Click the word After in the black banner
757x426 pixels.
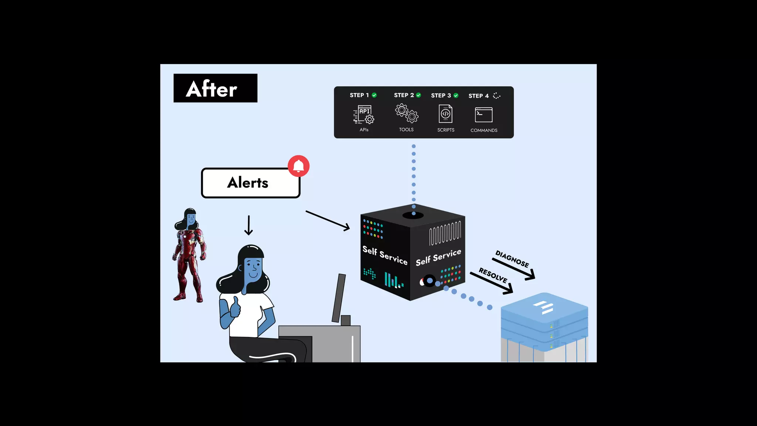[x=211, y=89]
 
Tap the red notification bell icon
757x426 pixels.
[x=299, y=166]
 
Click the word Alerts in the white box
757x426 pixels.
[x=247, y=183]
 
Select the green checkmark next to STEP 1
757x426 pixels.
[x=374, y=95]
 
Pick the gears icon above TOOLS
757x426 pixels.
[x=407, y=113]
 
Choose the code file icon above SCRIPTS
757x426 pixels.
[x=445, y=114]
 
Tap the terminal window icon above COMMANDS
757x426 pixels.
[x=483, y=115]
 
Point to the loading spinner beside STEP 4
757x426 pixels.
[x=497, y=96]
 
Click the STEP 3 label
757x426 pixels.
[x=441, y=95]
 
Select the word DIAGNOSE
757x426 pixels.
[x=512, y=259]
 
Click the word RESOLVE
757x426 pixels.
[x=493, y=275]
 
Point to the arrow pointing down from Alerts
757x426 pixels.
[x=249, y=225]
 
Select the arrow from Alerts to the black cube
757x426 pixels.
[x=327, y=220]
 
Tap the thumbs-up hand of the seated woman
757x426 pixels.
[x=235, y=307]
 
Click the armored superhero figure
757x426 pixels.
[x=189, y=259]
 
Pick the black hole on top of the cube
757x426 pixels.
[x=413, y=215]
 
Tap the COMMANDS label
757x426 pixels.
[x=484, y=130]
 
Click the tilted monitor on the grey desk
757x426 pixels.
[x=339, y=298]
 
